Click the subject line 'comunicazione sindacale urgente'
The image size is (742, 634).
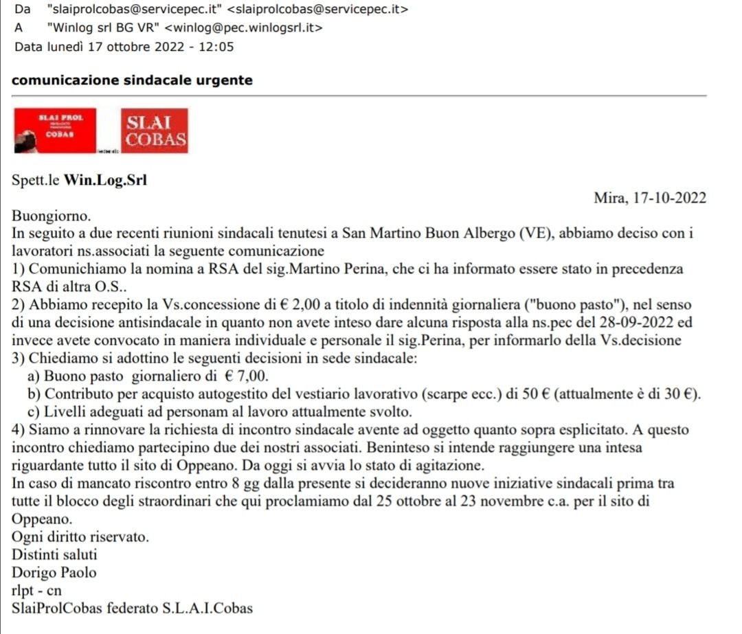[133, 80]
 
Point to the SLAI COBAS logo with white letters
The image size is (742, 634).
[154, 131]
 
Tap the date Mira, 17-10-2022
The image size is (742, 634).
[650, 198]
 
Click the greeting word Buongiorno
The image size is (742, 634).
[52, 216]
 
